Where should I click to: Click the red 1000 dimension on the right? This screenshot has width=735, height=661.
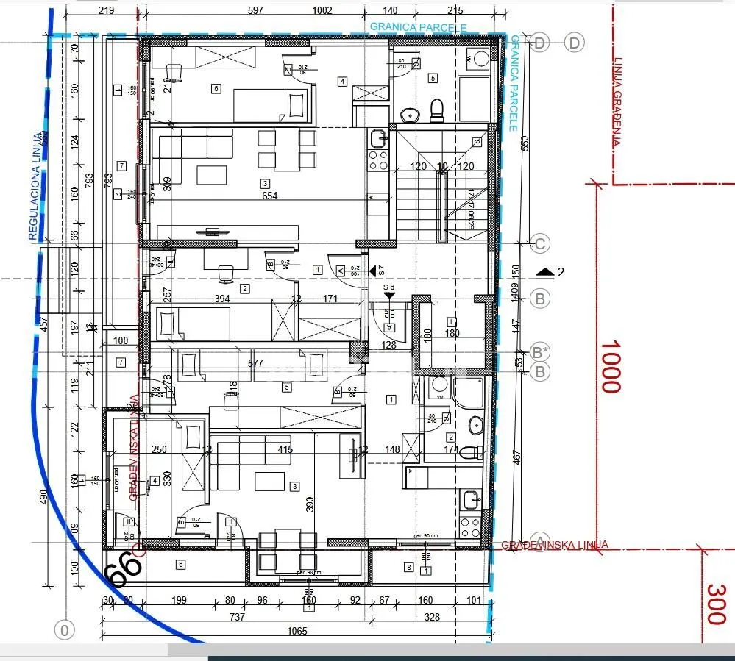pos(611,365)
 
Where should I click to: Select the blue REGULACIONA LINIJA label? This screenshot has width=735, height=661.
pos(35,187)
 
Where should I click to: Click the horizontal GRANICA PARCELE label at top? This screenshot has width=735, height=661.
pos(418,27)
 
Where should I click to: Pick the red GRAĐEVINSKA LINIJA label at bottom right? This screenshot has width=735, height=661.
pos(555,545)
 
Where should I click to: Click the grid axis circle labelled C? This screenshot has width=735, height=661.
pos(541,243)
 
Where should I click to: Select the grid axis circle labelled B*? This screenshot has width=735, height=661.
pos(541,351)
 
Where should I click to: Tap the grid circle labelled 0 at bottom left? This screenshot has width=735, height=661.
pos(65,630)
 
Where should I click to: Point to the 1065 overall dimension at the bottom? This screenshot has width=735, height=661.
pos(297,631)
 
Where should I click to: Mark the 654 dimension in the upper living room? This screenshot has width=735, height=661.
pos(270,196)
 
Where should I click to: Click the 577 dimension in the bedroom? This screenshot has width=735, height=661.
pos(255,363)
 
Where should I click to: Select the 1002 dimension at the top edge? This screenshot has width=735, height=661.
pos(322,10)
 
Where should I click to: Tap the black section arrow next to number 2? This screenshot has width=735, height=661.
pos(545,272)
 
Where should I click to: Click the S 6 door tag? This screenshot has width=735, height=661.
pos(389,287)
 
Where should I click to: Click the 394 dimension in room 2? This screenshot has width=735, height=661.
pos(221,299)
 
